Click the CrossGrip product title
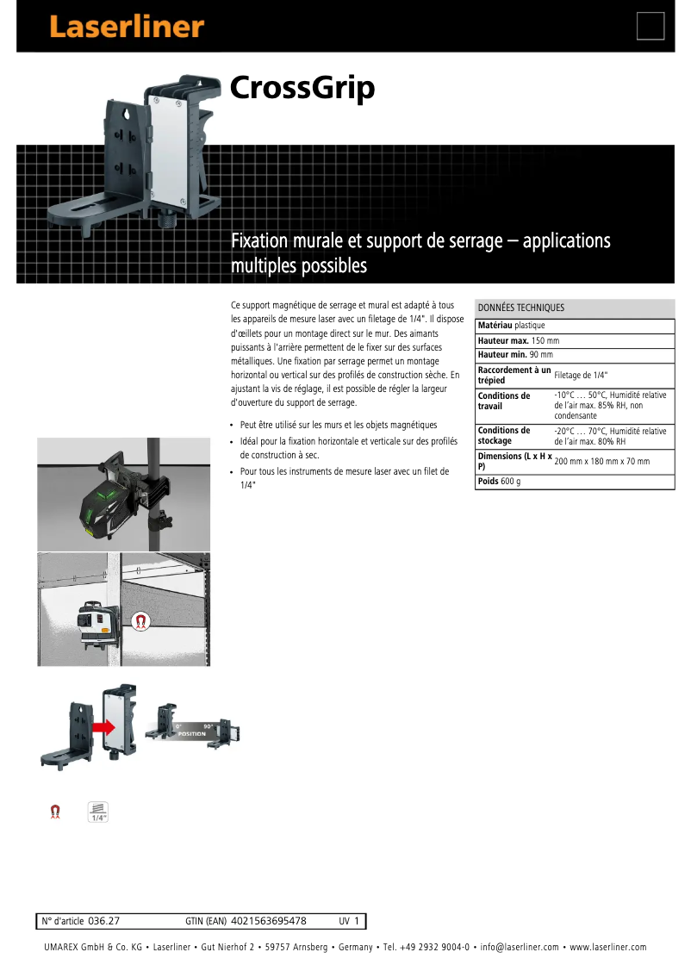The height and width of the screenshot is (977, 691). (302, 88)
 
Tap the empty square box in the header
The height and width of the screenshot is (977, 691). (651, 26)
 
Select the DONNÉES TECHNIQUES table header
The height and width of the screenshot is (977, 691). (521, 308)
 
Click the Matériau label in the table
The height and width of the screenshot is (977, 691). (495, 326)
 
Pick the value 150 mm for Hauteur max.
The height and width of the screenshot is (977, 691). (545, 340)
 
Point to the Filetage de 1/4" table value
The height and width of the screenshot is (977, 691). (581, 375)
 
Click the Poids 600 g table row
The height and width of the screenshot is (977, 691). (499, 481)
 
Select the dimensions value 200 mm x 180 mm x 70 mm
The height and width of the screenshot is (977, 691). (601, 461)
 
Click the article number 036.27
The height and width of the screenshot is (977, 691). (103, 921)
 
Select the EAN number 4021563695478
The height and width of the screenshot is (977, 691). (269, 921)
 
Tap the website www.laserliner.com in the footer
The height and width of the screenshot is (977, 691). (607, 948)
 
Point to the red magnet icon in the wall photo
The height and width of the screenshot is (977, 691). (138, 620)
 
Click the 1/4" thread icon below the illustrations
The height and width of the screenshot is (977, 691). (98, 812)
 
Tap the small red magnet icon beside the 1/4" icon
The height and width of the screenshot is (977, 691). (56, 812)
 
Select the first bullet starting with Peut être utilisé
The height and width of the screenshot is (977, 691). (338, 425)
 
